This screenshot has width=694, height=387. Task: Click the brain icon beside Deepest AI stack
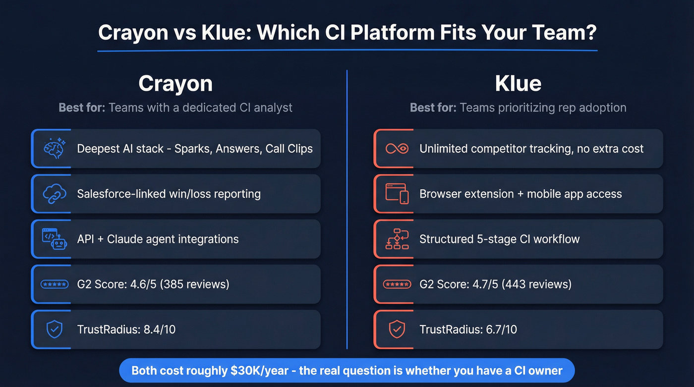pyautogui.click(x=54, y=148)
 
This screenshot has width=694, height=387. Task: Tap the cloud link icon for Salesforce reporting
pyautogui.click(x=54, y=194)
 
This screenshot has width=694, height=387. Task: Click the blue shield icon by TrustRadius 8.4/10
pyautogui.click(x=54, y=329)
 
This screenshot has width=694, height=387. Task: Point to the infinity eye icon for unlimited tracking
pyautogui.click(x=397, y=148)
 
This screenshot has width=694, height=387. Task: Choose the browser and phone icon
pyautogui.click(x=397, y=194)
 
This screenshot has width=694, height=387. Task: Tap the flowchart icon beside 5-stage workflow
pyautogui.click(x=397, y=239)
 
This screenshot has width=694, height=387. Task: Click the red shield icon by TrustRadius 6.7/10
pyautogui.click(x=397, y=329)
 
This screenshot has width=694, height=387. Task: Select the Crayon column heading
pyautogui.click(x=175, y=83)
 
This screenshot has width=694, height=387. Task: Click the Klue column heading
pyautogui.click(x=518, y=83)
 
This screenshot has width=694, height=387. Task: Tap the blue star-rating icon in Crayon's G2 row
pyautogui.click(x=54, y=284)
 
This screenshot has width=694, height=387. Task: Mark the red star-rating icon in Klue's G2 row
pyautogui.click(x=397, y=284)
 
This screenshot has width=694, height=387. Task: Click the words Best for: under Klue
pyautogui.click(x=433, y=108)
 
